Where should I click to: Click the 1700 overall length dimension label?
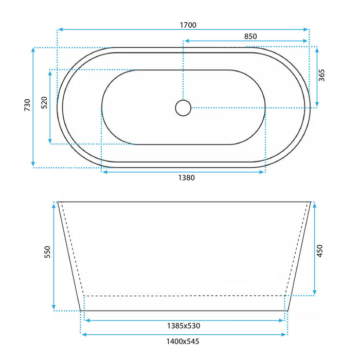click(188, 24)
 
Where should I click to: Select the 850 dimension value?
click(250, 36)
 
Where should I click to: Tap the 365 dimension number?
click(322, 76)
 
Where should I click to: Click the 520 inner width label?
click(44, 103)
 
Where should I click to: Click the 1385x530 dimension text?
click(183, 325)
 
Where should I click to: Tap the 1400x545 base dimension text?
click(183, 340)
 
